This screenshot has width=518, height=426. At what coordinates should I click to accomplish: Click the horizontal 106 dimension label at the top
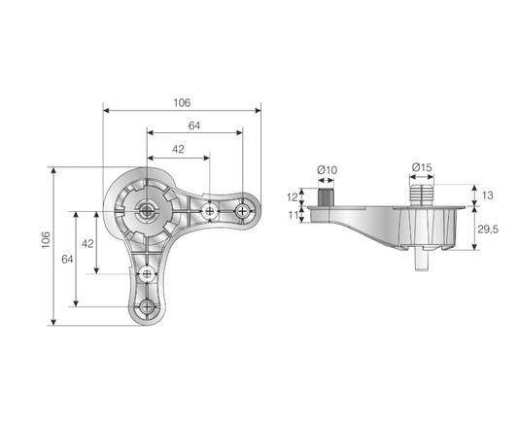[x=182, y=102]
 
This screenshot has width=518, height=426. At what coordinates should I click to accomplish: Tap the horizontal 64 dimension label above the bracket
[x=194, y=124]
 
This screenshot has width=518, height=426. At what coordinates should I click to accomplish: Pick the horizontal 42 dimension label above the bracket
[x=177, y=149]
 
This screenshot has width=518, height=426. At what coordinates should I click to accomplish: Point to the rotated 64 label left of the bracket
[x=67, y=260]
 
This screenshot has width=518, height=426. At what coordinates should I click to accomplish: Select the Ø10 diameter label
[x=327, y=170]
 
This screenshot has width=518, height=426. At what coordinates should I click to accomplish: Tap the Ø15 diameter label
[x=422, y=167]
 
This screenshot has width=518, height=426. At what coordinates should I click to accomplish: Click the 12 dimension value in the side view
[x=294, y=196]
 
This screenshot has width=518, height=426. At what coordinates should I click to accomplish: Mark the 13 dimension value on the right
[x=488, y=195]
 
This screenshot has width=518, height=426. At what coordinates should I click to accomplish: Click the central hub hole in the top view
[x=147, y=208]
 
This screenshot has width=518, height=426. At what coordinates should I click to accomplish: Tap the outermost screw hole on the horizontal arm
[x=242, y=209]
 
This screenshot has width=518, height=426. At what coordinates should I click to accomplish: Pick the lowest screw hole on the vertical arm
[x=148, y=306]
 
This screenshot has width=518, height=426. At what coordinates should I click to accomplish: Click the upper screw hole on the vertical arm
[x=148, y=273]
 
